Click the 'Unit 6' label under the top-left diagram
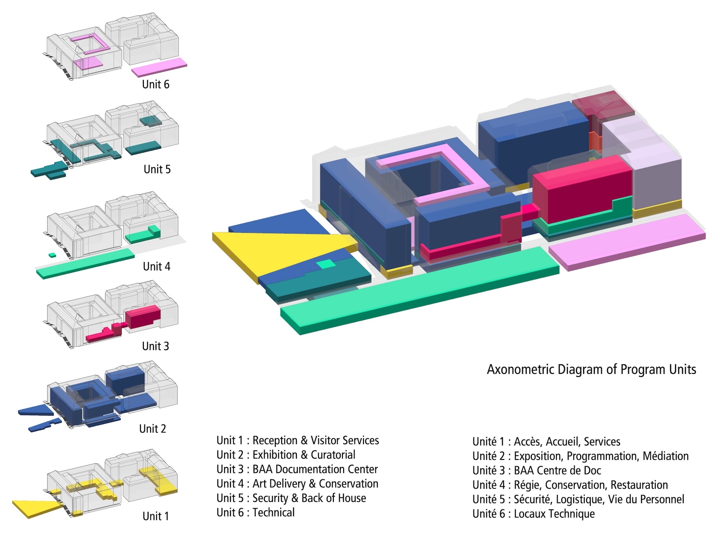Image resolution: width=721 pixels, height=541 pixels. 155,85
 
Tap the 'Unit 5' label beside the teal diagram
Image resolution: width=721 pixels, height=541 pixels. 157,169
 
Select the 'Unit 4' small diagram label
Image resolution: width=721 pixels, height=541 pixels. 157,267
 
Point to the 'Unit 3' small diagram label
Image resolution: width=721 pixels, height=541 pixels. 155,346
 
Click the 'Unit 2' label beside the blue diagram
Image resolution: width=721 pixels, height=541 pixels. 152,429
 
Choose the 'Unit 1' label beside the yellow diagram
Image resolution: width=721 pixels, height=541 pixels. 155,516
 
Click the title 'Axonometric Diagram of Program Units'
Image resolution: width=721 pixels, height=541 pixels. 591,370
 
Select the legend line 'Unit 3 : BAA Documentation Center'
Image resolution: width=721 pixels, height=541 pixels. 297,469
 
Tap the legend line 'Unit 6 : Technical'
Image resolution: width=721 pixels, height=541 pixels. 255,512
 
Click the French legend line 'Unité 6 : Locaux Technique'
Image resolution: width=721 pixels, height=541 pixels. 533,514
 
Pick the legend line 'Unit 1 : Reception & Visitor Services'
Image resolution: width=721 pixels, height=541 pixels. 297,440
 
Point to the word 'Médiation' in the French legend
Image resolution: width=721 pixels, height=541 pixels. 665,456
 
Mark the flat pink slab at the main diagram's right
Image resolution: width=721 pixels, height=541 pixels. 627,240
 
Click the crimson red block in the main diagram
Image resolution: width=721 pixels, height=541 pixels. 582,188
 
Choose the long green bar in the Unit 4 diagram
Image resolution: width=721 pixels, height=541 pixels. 86,263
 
